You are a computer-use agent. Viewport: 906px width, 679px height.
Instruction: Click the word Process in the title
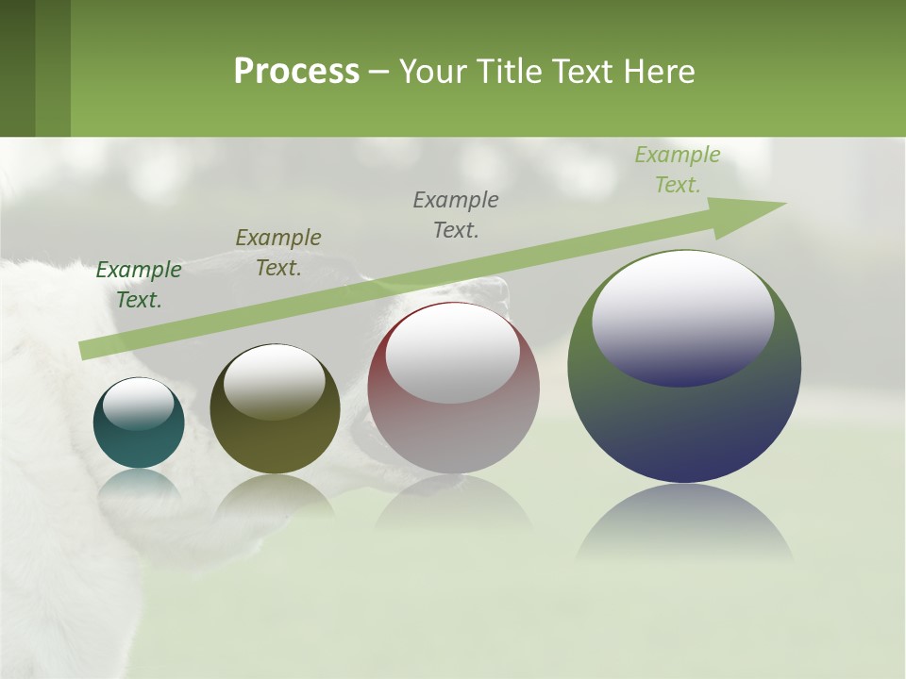click(296, 72)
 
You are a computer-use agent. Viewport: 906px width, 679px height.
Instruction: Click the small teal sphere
click(139, 439)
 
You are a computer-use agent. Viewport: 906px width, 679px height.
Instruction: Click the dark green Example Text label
click(139, 285)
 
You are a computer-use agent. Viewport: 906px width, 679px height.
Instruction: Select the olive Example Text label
click(278, 253)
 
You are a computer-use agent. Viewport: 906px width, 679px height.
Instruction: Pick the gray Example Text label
click(456, 215)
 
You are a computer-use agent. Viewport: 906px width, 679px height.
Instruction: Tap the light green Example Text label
click(678, 170)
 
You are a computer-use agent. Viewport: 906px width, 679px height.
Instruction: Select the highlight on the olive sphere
click(275, 381)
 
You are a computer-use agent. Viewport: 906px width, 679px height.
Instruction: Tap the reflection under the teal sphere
click(139, 486)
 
